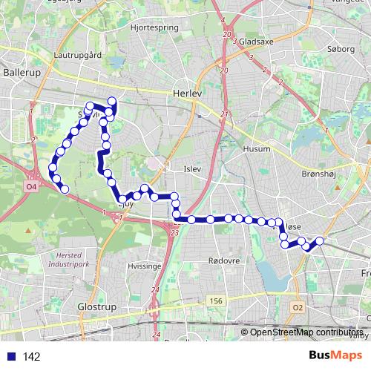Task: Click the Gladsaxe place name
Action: pos(256,42)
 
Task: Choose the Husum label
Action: pos(257,149)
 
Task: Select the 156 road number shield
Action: pos(216,300)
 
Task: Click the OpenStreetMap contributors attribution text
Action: pos(304,332)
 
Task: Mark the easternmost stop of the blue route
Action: pos(321,240)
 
